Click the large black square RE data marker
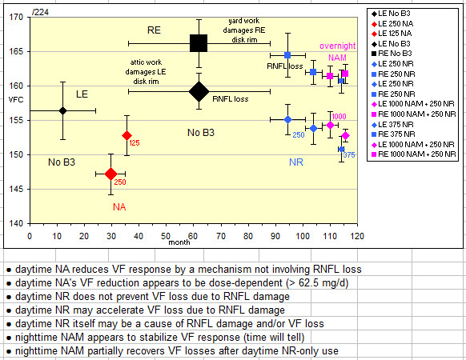point(199,43)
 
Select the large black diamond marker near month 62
point(199,91)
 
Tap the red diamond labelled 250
point(110,174)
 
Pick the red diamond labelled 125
point(127,136)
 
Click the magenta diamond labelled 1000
point(330,125)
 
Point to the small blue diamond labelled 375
point(341,149)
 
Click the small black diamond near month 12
point(62,110)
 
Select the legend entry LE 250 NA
point(392,24)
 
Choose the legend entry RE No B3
point(392,54)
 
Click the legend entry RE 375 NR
point(393,134)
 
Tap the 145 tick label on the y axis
point(16,190)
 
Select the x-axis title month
point(179,242)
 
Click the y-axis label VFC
point(16,99)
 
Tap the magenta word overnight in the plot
point(338,46)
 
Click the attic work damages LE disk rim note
point(146,72)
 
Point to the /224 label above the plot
point(40,12)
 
